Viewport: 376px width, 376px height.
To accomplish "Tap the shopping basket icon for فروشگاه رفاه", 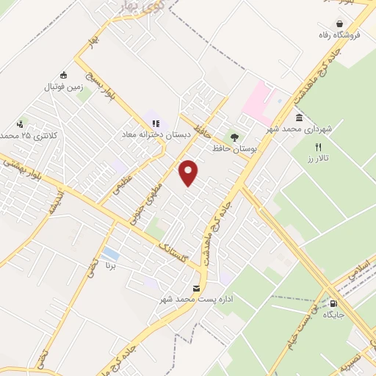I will [x=339, y=23].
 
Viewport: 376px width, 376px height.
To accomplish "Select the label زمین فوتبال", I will [x=63, y=86].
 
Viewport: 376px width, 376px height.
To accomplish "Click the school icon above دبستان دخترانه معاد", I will [x=154, y=123].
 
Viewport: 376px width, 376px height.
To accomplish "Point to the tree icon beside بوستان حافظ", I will [x=234, y=137].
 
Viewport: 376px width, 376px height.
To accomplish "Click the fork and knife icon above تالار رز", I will [x=318, y=147].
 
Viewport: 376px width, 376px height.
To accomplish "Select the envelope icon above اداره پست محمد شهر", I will [x=196, y=288].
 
